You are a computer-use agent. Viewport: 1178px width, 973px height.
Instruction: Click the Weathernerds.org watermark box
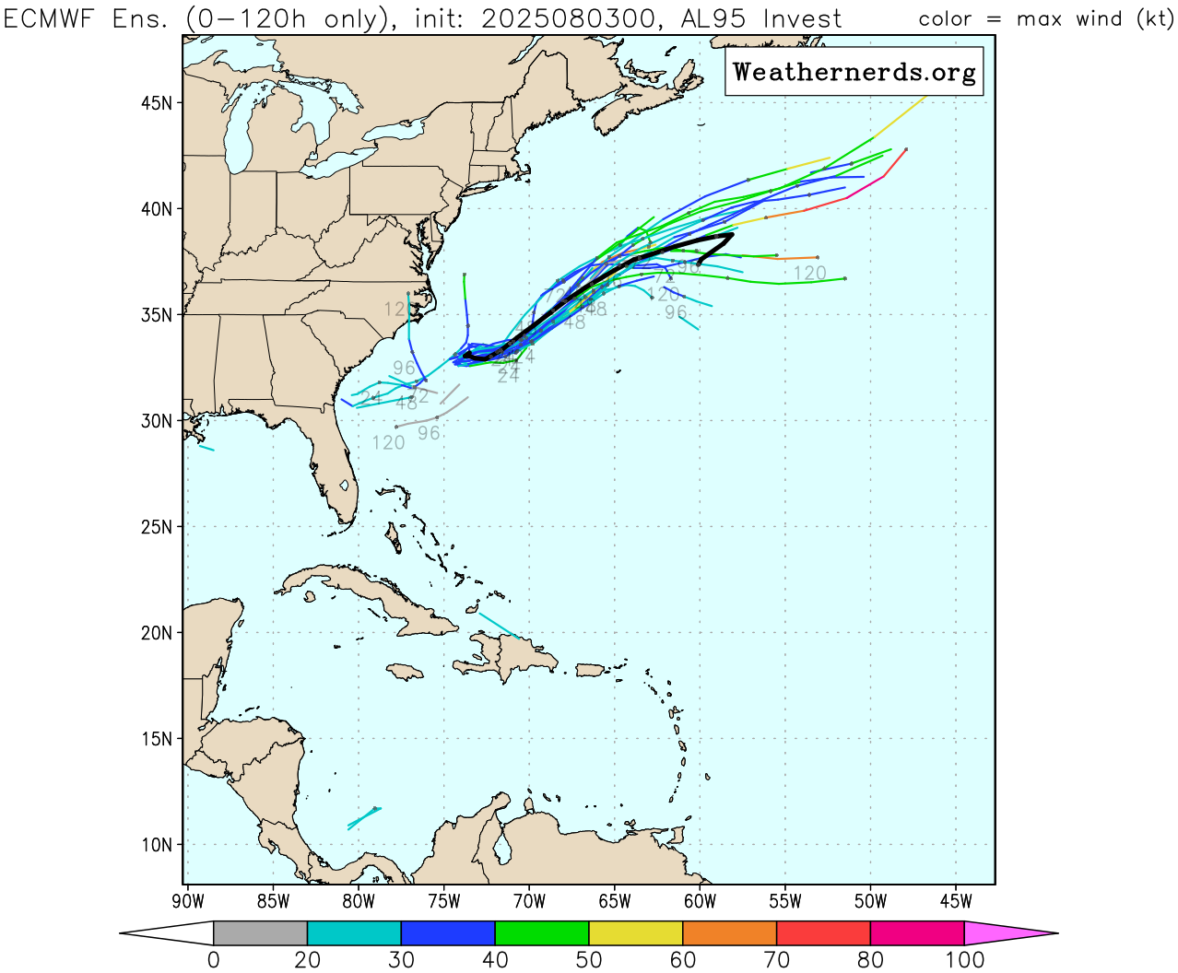854,73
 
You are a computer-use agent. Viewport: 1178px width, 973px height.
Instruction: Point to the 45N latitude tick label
157,103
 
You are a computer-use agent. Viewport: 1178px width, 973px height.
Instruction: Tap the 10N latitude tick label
157,845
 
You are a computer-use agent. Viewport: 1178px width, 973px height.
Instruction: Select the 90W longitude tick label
188,901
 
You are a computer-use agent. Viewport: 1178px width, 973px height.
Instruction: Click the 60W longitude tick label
700,901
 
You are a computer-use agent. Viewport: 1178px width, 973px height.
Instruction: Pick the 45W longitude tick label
956,901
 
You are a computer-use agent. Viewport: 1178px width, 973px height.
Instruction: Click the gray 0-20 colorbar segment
260,933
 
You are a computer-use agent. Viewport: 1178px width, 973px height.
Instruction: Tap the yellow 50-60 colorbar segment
635,933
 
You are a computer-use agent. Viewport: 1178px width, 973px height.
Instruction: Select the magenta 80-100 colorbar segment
917,933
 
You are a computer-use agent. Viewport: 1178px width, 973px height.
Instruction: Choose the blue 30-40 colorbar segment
448,933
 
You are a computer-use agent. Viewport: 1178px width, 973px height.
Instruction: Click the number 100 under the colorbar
965,960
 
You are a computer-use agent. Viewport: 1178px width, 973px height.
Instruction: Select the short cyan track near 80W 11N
363,818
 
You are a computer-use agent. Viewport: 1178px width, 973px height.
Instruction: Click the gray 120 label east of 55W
809,274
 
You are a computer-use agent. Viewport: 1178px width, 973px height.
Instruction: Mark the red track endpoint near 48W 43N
906,149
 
